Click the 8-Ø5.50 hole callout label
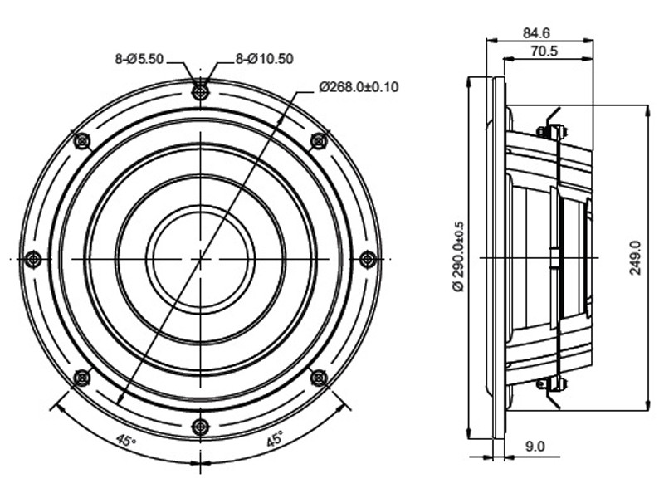point(139,59)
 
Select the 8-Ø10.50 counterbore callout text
point(264,59)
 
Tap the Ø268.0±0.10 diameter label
point(359,87)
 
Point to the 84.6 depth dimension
point(536,32)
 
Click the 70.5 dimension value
point(544,51)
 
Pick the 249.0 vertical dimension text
point(635,258)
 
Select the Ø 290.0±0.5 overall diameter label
point(459,256)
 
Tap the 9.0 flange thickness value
point(535,447)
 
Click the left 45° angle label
point(126,441)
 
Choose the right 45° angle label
point(275,439)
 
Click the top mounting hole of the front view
point(200,91)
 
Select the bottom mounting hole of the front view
point(200,427)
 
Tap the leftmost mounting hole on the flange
point(33,259)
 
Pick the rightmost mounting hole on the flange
point(368,259)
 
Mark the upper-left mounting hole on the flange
point(81,140)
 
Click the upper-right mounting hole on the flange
point(319,140)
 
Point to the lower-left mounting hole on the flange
point(81,378)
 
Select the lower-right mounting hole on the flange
point(319,378)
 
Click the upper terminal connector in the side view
point(552,131)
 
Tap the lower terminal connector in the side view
point(552,384)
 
